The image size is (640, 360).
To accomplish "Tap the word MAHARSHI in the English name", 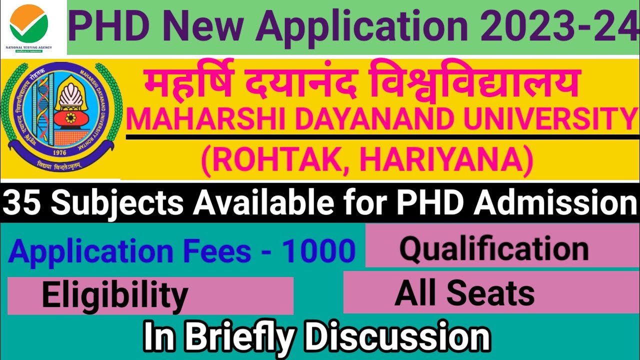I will (190, 119).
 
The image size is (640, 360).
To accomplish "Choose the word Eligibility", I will (115, 295).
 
